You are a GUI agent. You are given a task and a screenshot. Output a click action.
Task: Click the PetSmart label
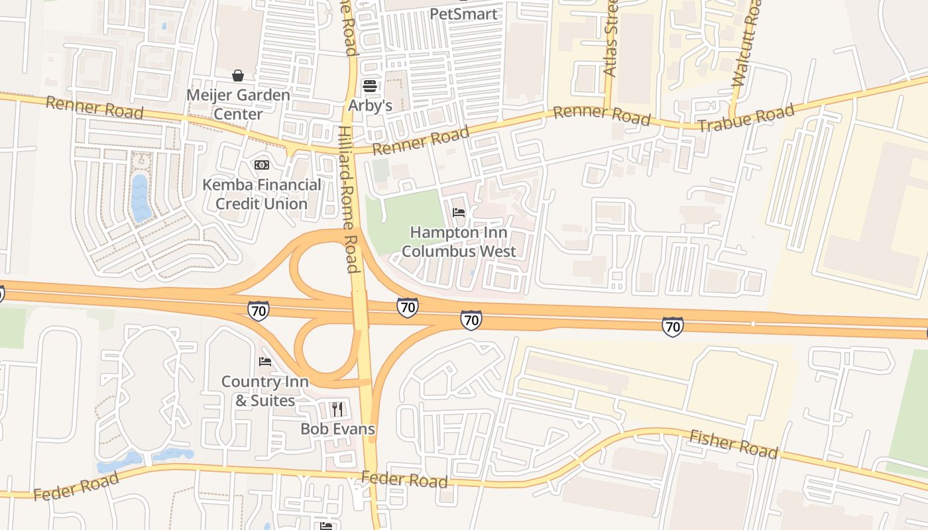(463, 13)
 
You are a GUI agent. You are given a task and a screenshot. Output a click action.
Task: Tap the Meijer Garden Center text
(238, 104)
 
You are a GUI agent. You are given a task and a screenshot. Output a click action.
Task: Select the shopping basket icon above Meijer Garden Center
(238, 76)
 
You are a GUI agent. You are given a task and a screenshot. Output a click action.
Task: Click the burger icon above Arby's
(370, 86)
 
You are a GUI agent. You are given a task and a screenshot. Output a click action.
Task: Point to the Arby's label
(371, 105)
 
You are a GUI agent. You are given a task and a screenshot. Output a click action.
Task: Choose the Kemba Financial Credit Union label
(261, 194)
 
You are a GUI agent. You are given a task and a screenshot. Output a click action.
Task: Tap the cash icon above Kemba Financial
(261, 164)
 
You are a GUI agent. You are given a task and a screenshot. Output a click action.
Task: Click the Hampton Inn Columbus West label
(459, 242)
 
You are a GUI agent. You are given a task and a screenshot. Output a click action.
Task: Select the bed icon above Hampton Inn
(459, 213)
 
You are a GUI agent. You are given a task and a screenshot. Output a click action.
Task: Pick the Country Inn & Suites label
(264, 391)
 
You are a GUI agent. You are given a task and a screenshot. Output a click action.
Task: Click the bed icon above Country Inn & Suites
(265, 362)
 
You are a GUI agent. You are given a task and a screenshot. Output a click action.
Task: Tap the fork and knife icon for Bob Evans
(337, 409)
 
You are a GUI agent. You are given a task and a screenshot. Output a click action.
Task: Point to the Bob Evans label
(337, 429)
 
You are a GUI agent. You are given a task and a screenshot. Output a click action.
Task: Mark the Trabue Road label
(746, 118)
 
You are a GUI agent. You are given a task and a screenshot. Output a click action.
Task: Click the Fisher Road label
(733, 444)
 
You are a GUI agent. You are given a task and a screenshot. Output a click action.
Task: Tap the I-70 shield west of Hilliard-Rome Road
(259, 311)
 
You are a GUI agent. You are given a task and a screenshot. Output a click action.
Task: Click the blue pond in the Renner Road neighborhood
(140, 197)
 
